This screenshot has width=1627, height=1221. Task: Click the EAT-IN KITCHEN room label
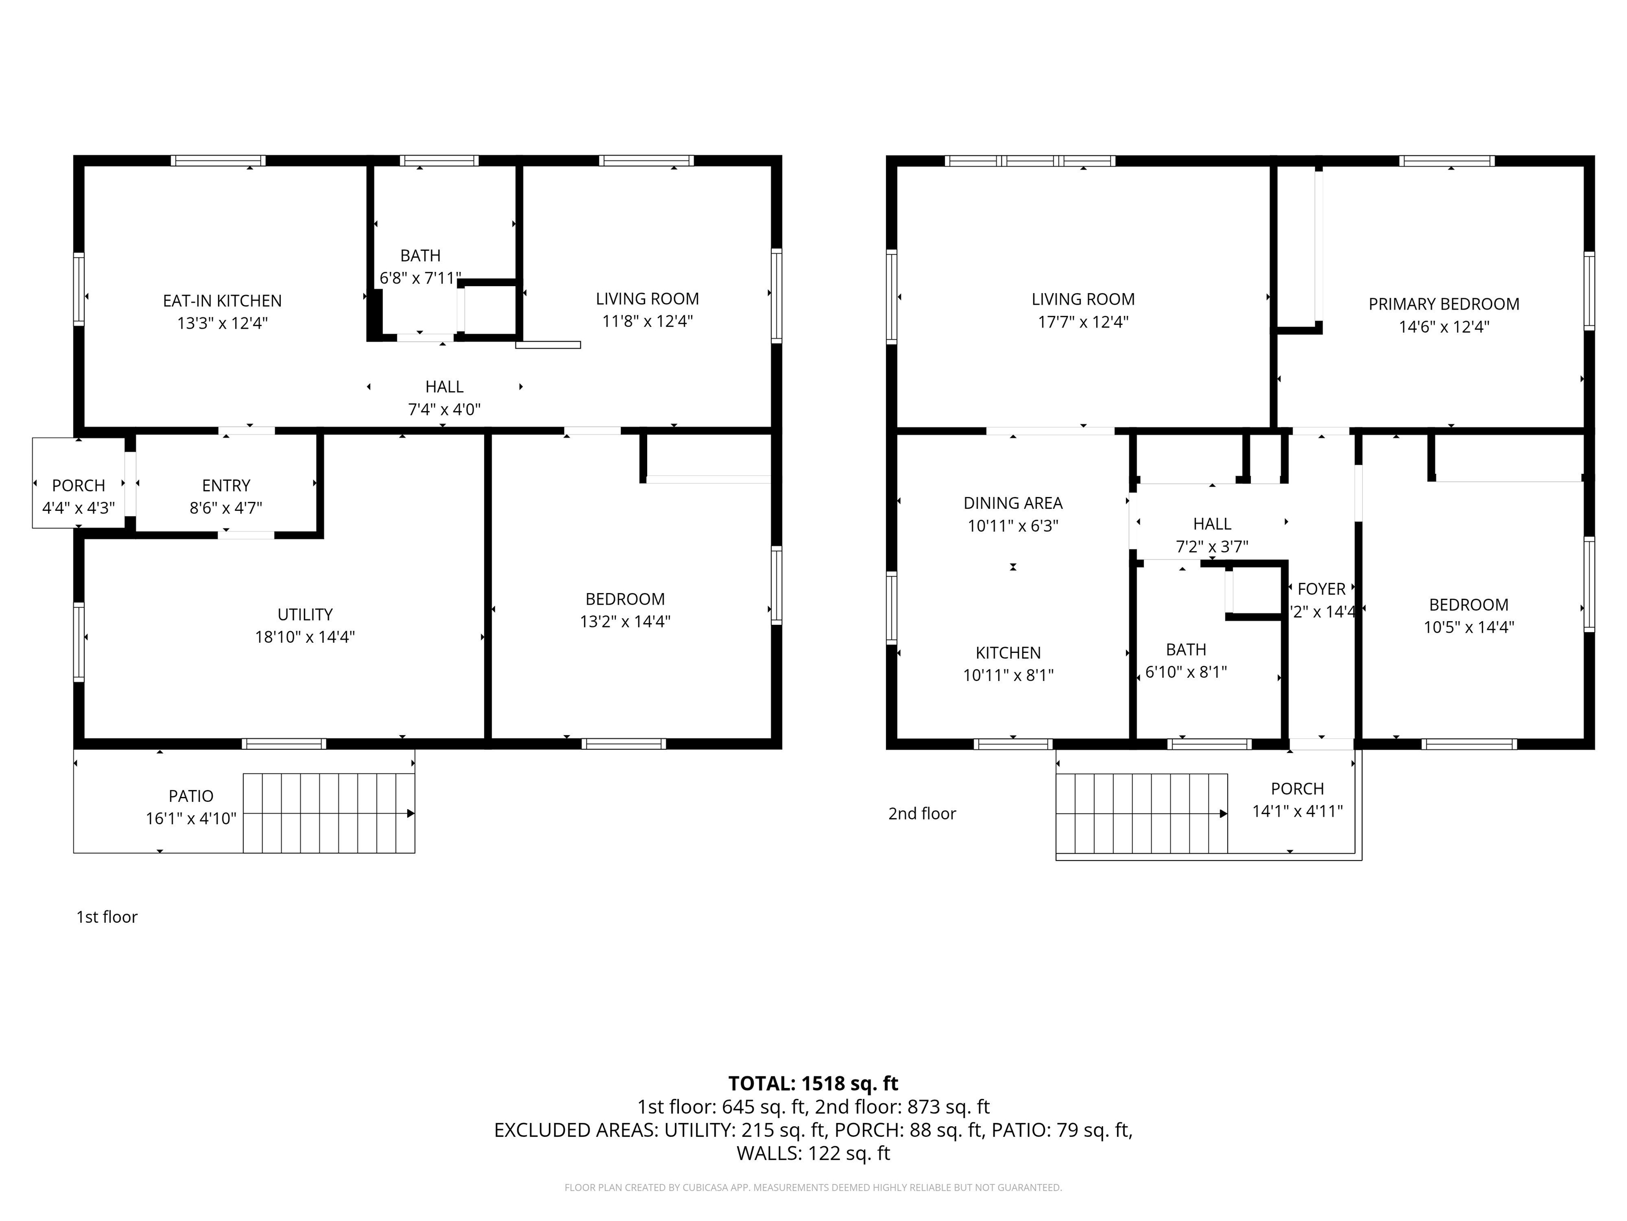click(222, 300)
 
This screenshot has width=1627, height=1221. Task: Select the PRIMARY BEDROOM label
click(1444, 304)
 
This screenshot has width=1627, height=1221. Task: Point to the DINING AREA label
click(1013, 503)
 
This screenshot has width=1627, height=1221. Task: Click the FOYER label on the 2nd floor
click(1322, 589)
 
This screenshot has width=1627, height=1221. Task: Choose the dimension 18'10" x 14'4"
click(305, 636)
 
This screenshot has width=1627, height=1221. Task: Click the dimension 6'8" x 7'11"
click(420, 278)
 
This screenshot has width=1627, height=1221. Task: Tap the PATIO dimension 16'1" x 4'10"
click(191, 818)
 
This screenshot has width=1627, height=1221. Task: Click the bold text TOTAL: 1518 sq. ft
click(813, 1083)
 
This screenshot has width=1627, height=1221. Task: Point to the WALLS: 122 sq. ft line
click(813, 1153)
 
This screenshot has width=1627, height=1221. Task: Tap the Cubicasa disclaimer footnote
click(813, 1187)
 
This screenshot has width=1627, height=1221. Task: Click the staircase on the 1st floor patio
click(329, 813)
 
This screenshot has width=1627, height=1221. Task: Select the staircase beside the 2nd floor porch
click(1141, 813)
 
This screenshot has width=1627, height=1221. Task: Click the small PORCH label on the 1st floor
click(79, 486)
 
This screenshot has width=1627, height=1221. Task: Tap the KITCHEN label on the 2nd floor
click(1008, 653)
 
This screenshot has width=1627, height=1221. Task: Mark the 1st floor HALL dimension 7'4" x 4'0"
click(444, 409)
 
